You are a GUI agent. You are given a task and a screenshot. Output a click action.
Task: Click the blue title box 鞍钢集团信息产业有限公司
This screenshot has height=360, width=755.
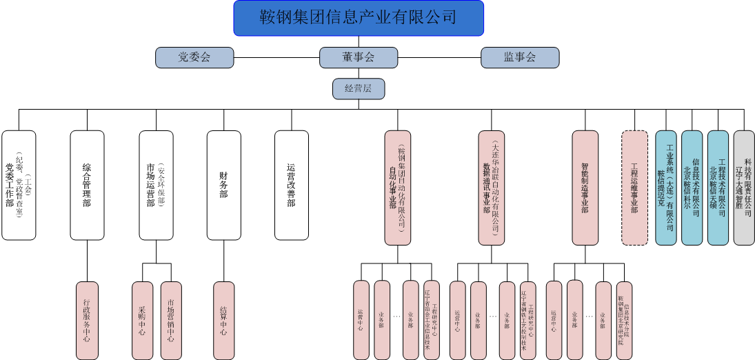click(358, 18)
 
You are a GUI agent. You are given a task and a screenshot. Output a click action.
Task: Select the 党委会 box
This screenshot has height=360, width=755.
click(194, 57)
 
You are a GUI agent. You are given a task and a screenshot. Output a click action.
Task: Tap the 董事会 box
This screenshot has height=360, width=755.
click(358, 57)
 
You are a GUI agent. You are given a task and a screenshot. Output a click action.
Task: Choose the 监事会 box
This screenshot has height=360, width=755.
click(519, 57)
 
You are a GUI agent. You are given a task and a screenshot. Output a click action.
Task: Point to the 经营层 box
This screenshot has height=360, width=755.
click(358, 88)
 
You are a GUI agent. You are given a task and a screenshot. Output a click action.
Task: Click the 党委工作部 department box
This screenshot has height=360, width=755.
click(19, 185)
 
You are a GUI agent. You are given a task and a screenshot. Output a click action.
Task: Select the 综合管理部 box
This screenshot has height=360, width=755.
click(87, 185)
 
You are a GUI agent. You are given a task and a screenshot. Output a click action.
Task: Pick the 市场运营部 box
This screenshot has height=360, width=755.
click(156, 185)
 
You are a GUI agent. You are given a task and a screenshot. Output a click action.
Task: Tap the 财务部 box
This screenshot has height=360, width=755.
click(223, 185)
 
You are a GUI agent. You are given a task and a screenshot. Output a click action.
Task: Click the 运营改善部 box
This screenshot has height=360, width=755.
click(291, 185)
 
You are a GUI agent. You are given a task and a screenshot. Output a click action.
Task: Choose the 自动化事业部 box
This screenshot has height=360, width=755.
click(397, 188)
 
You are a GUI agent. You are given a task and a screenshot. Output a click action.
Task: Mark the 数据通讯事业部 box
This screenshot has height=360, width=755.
click(491, 188)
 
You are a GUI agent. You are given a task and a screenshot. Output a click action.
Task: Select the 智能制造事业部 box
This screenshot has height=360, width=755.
click(585, 188)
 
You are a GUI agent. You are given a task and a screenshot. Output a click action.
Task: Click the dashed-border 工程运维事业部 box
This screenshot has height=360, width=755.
click(634, 188)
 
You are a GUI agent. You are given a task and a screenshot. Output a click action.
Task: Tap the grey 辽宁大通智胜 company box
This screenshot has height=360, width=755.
click(744, 188)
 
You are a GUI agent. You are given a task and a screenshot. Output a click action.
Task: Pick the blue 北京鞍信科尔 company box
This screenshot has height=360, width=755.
click(692, 188)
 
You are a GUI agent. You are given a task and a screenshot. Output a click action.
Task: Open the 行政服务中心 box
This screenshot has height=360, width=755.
click(87, 320)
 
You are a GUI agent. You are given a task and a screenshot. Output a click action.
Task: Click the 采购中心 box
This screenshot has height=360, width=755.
click(142, 320)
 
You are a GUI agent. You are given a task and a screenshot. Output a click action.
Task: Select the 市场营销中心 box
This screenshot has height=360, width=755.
click(170, 320)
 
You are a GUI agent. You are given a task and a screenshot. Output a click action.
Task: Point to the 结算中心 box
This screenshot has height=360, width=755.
click(223, 320)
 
